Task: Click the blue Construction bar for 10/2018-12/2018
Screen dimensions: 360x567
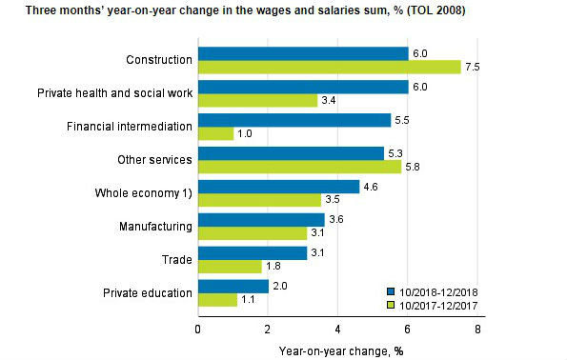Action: pos(303,53)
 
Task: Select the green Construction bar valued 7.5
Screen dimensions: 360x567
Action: pos(329,68)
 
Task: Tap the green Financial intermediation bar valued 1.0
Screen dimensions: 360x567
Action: pos(215,134)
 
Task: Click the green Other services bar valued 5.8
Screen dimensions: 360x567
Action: pos(299,168)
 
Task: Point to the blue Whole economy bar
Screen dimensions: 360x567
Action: pos(278,187)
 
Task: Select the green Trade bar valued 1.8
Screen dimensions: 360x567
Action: pos(229,268)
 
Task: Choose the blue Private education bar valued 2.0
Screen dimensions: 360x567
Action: pos(233,287)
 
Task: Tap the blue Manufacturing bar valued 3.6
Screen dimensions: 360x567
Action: pos(261,220)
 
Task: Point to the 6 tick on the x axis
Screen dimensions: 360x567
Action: pos(408,330)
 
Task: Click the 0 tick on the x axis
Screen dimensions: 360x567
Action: pos(198,330)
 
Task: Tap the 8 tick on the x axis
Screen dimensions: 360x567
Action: pos(477,330)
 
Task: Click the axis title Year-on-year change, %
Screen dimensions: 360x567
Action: pos(336,350)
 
